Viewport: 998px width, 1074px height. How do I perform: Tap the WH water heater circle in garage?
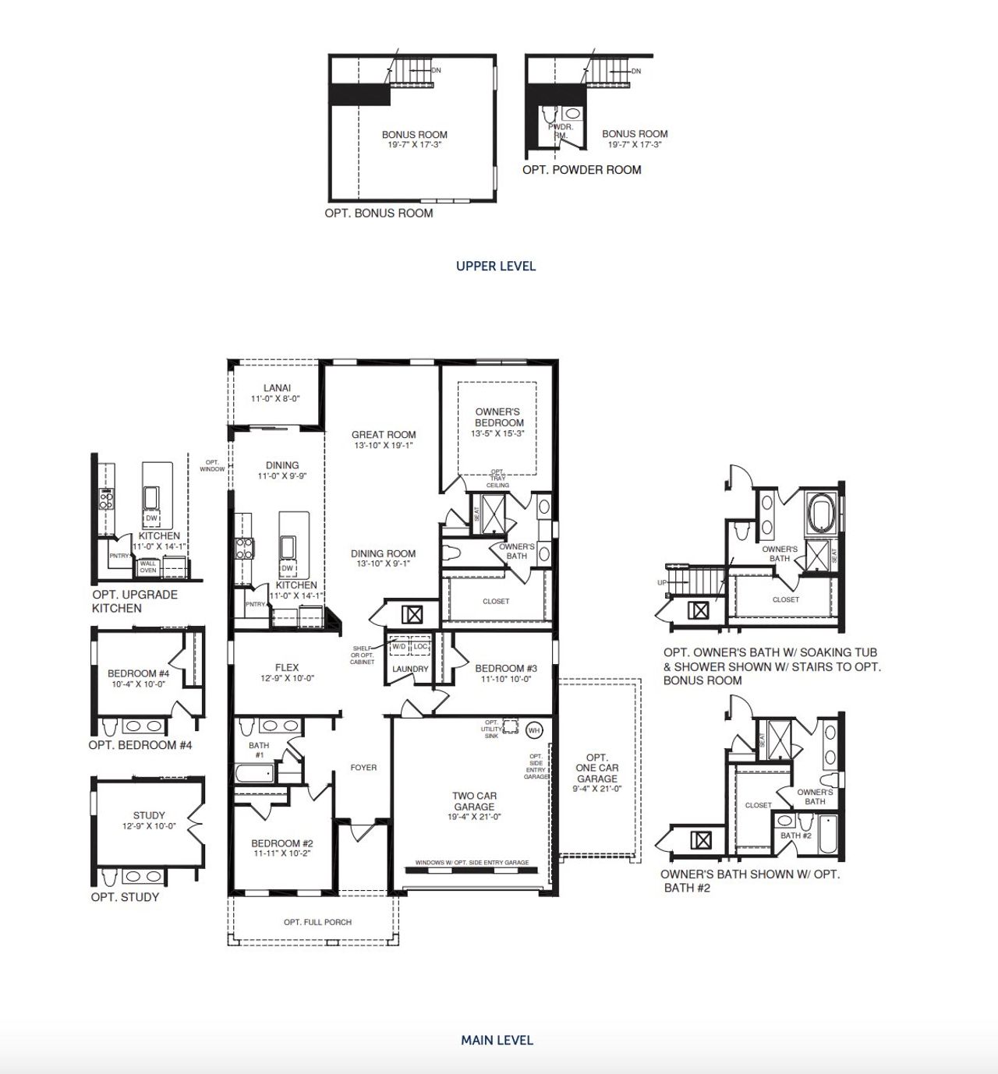pos(533,730)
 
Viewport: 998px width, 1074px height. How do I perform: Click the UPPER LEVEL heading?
pos(496,266)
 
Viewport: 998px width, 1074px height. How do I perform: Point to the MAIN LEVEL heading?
pos(497,1040)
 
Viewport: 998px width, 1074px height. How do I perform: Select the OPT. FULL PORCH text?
pos(317,922)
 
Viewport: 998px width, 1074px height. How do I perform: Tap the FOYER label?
pos(363,768)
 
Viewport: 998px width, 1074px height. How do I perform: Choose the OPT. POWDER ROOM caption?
pos(582,169)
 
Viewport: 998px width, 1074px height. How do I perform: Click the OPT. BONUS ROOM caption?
pos(379,213)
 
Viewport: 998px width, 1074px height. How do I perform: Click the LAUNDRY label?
pos(410,669)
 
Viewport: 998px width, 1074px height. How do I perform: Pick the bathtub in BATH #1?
pos(254,774)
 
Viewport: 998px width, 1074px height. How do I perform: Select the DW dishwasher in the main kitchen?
pos(288,567)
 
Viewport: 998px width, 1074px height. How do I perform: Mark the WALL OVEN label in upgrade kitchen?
pos(148,567)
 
